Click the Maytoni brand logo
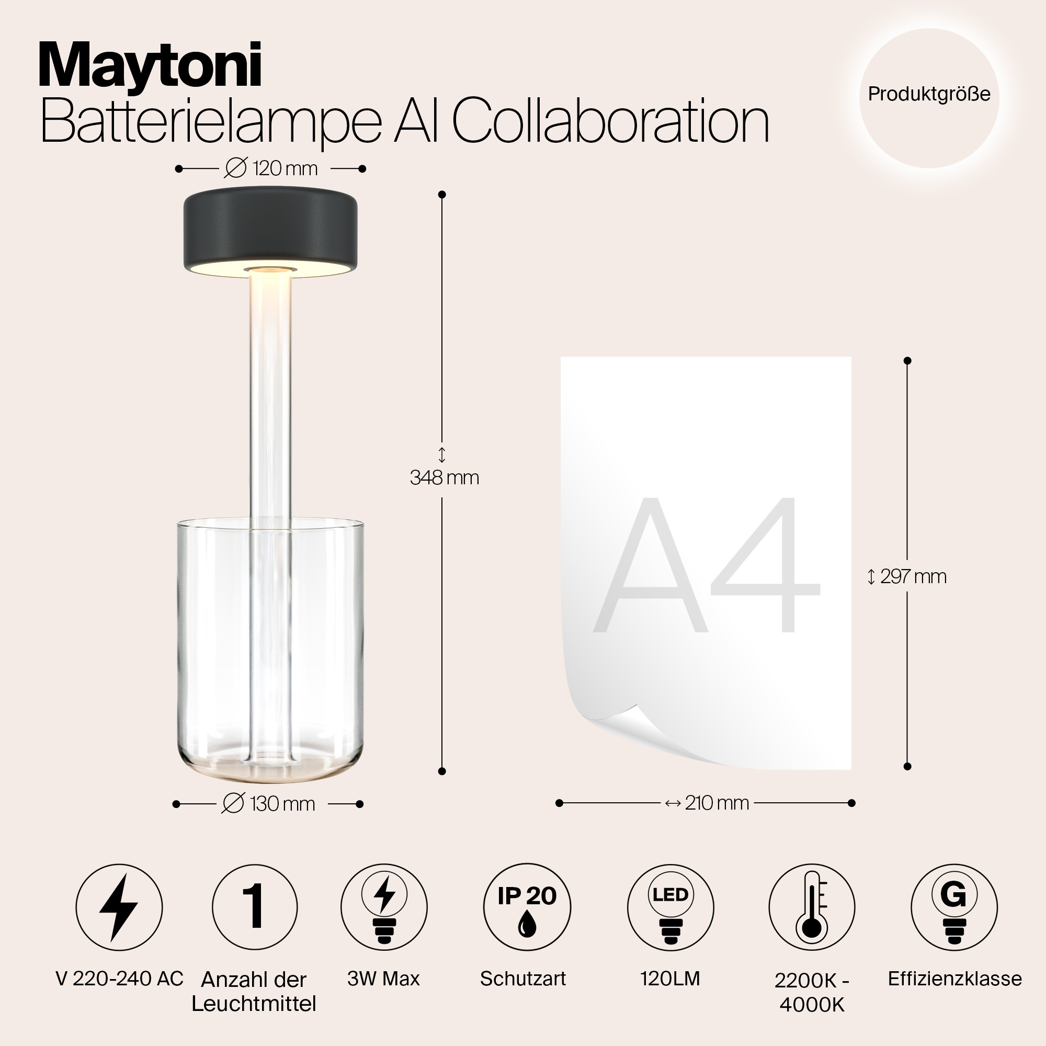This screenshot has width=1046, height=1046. pyautogui.click(x=150, y=66)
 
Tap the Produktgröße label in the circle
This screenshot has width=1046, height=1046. pyautogui.click(x=929, y=94)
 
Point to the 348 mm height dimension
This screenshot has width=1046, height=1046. pyautogui.click(x=445, y=477)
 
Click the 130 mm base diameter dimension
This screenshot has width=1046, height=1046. pyautogui.click(x=269, y=804)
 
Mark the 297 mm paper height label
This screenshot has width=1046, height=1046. pyautogui.click(x=907, y=576)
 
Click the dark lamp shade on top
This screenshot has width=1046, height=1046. pyautogui.click(x=270, y=230)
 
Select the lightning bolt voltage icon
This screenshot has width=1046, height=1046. pyautogui.click(x=119, y=907)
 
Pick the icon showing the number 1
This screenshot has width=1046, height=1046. pyautogui.click(x=255, y=907)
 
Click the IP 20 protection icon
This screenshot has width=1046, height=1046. pyautogui.click(x=527, y=907)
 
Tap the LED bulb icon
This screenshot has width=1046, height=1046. pyautogui.click(x=670, y=907)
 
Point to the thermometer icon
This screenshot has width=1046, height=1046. pyautogui.click(x=812, y=907)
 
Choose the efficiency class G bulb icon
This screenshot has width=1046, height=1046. pyautogui.click(x=954, y=907)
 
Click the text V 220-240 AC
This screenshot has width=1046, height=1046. pyautogui.click(x=120, y=979)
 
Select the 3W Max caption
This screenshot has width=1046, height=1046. pyautogui.click(x=383, y=979)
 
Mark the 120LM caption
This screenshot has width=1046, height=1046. pyautogui.click(x=670, y=979)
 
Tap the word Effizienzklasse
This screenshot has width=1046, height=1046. pyautogui.click(x=954, y=979)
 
